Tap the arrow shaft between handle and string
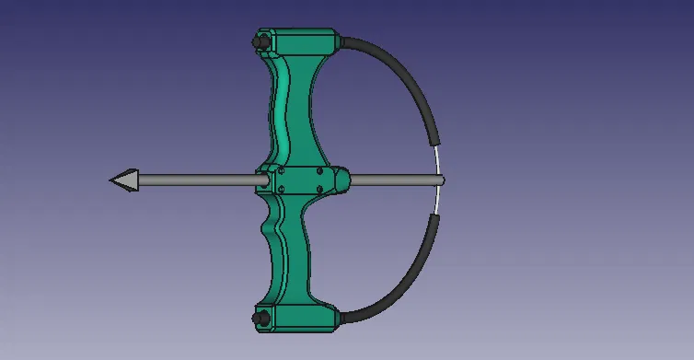(x=391, y=180)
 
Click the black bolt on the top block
(x=261, y=42)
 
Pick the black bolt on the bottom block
(x=261, y=319)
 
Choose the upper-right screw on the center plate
(x=318, y=169)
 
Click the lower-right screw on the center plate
(x=318, y=192)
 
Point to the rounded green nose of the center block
(x=343, y=180)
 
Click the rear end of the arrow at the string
(x=440, y=180)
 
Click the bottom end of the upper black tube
(x=435, y=140)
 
